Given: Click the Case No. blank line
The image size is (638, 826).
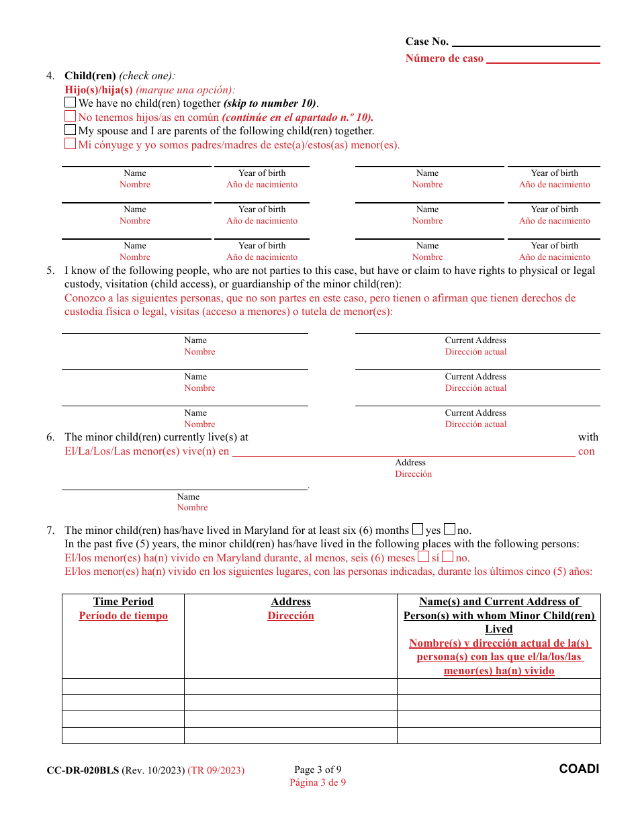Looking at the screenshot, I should pyautogui.click(x=526, y=42).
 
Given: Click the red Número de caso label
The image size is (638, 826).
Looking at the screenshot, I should pyautogui.click(x=444, y=58).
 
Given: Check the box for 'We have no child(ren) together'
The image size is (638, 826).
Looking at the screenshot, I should pyautogui.click(x=70, y=103).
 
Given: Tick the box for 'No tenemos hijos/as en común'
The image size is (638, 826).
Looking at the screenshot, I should pyautogui.click(x=70, y=116).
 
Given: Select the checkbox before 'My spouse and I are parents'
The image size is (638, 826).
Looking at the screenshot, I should pyautogui.click(x=70, y=130).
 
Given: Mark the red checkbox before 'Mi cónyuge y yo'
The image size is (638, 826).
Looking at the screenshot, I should pyautogui.click(x=70, y=144).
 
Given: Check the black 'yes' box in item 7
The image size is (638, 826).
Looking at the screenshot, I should pyautogui.click(x=418, y=529).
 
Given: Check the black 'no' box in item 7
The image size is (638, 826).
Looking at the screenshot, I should pyautogui.click(x=450, y=529).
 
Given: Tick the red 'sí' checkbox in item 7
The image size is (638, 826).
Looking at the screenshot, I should pyautogui.click(x=423, y=557).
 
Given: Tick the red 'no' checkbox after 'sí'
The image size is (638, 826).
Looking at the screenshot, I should pyautogui.click(x=448, y=557).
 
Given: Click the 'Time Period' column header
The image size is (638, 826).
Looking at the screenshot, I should pyautogui.click(x=123, y=602).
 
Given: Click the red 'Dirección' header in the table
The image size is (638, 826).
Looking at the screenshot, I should pyautogui.click(x=291, y=616).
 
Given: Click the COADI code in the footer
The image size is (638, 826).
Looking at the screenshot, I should pyautogui.click(x=579, y=769).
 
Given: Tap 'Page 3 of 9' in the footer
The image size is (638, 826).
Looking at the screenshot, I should pyautogui.click(x=318, y=770).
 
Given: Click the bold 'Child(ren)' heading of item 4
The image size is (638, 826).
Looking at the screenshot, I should pyautogui.click(x=90, y=75).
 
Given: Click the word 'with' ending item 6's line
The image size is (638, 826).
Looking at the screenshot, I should pyautogui.click(x=588, y=437).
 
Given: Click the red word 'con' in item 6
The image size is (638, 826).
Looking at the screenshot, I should pyautogui.click(x=586, y=451).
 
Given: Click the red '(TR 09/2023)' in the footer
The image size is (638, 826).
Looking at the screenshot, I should pyautogui.click(x=216, y=770).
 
